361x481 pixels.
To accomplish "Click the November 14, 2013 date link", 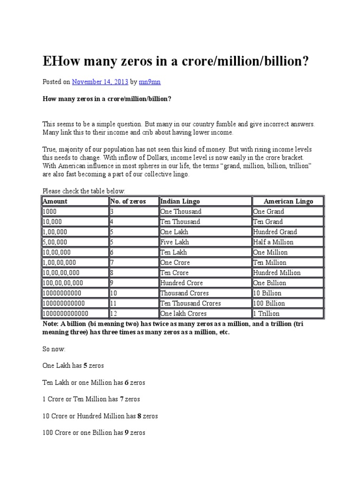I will pos(100,82).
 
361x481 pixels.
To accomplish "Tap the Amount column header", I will pos(55,201).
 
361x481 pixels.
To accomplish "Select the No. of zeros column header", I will pos(128,201).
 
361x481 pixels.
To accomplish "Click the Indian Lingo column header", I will pos(180,201).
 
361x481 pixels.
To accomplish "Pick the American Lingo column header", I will pos(288,201).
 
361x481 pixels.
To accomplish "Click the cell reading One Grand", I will pos(269,211).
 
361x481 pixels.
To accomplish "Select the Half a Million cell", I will pos(273,242).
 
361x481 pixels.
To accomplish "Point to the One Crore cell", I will pos(175,263).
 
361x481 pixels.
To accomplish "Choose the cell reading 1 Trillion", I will pos(267,313).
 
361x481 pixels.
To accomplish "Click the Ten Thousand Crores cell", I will pos(190,303).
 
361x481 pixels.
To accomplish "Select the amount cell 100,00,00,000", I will pos(63,283).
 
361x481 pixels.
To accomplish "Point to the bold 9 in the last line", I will pos(126,432).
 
